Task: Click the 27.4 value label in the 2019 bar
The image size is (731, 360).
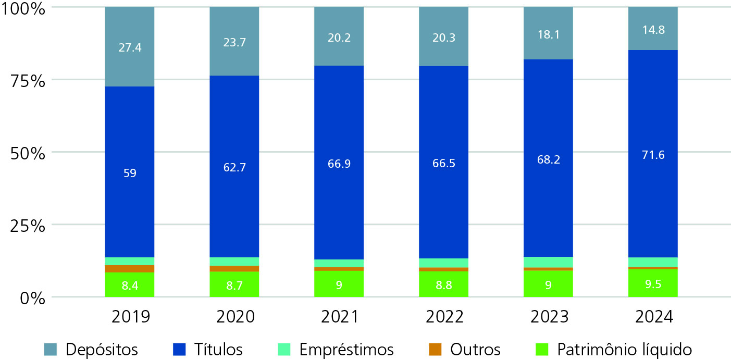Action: pos(130,48)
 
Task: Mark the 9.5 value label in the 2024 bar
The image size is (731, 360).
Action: pos(652,285)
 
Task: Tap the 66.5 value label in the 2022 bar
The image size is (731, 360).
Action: pos(443,163)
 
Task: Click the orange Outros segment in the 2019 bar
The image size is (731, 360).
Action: pos(130,269)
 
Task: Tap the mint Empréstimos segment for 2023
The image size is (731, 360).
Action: pos(548,262)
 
